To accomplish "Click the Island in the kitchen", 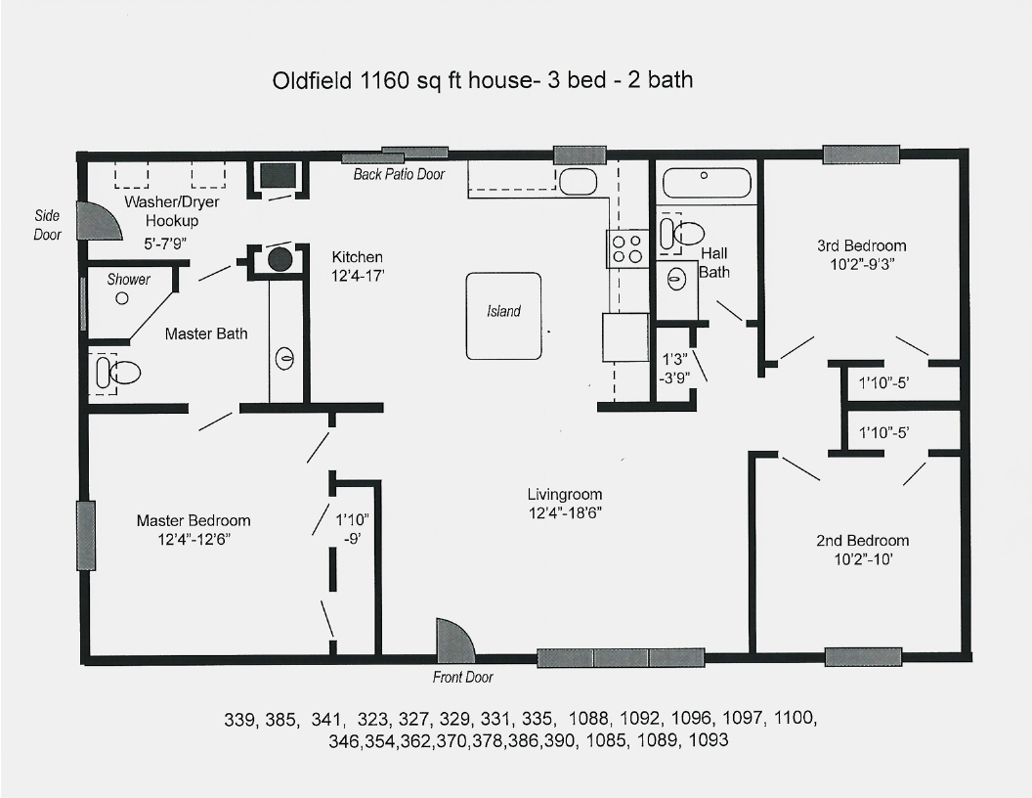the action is [503, 316].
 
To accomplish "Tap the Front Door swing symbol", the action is [454, 640].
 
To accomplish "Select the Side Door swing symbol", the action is [99, 221].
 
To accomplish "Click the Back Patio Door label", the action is [399, 174].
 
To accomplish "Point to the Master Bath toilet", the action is [119, 374].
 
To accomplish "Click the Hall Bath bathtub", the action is [707, 183].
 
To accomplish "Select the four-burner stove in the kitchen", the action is [626, 248].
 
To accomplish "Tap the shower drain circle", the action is [122, 298].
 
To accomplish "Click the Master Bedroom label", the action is [193, 520].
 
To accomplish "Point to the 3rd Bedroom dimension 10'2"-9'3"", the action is [862, 265].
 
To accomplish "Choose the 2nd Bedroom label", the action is [862, 541].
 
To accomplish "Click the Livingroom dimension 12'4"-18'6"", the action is [565, 512].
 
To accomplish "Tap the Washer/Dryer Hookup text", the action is [172, 211].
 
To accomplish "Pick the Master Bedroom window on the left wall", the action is [86, 535].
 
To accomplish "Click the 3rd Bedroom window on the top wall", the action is [861, 155].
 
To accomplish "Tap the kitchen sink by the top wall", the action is [578, 180].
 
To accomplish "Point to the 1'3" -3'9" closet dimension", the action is [674, 368].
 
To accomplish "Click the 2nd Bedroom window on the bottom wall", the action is [863, 657].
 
